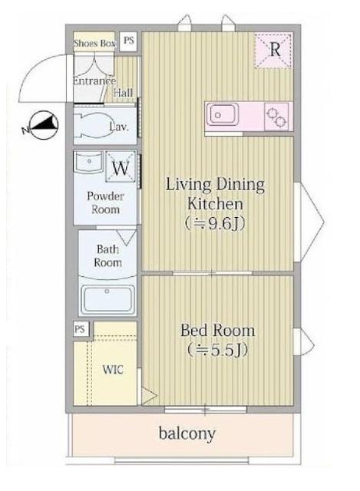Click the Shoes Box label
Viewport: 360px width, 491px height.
[x=94, y=44]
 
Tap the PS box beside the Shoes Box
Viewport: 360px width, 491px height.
[x=128, y=41]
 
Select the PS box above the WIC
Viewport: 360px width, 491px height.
[x=80, y=329]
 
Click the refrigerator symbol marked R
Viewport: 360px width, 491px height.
[x=274, y=50]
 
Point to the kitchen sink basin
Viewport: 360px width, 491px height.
[x=222, y=114]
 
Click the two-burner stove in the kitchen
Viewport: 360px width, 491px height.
[x=276, y=116]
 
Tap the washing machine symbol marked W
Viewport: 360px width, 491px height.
[x=121, y=167]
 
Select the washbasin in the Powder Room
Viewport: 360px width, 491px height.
[x=89, y=162]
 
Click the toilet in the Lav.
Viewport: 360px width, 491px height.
[x=93, y=125]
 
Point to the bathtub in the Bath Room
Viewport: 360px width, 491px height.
[x=107, y=298]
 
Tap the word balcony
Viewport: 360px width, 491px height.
[x=187, y=433]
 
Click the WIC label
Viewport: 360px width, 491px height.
[x=113, y=370]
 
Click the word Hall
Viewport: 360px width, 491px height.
[x=123, y=93]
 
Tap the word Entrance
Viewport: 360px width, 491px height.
[x=94, y=81]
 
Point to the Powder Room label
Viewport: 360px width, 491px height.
[x=106, y=203]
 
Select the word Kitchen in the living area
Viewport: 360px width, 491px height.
[x=215, y=204]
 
